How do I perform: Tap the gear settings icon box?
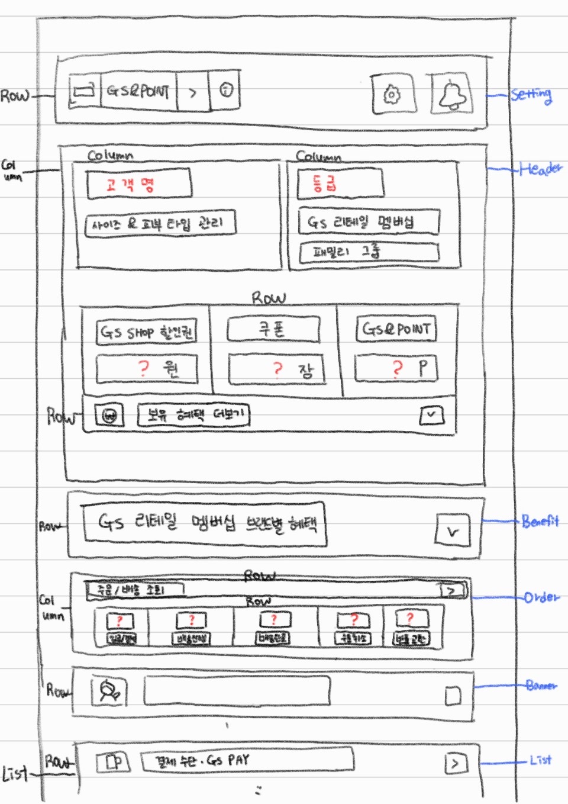tap(393, 94)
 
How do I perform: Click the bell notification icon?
tap(453, 94)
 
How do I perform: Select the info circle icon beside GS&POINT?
tap(226, 90)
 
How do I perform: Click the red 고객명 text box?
tap(139, 184)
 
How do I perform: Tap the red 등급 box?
tap(340, 182)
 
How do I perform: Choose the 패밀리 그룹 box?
tap(369, 252)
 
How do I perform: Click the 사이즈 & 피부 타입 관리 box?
tap(160, 224)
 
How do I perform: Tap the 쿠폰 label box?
tap(273, 329)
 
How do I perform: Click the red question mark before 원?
tap(143, 368)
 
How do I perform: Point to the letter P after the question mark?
tap(423, 368)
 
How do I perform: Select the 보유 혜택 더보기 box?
tap(193, 415)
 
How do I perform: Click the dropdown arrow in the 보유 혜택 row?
tap(431, 415)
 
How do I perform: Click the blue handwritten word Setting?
tap(531, 94)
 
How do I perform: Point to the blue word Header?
tap(540, 169)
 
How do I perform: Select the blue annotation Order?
tap(541, 597)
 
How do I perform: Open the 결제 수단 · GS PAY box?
tap(247, 760)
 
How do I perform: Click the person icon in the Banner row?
tap(109, 691)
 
